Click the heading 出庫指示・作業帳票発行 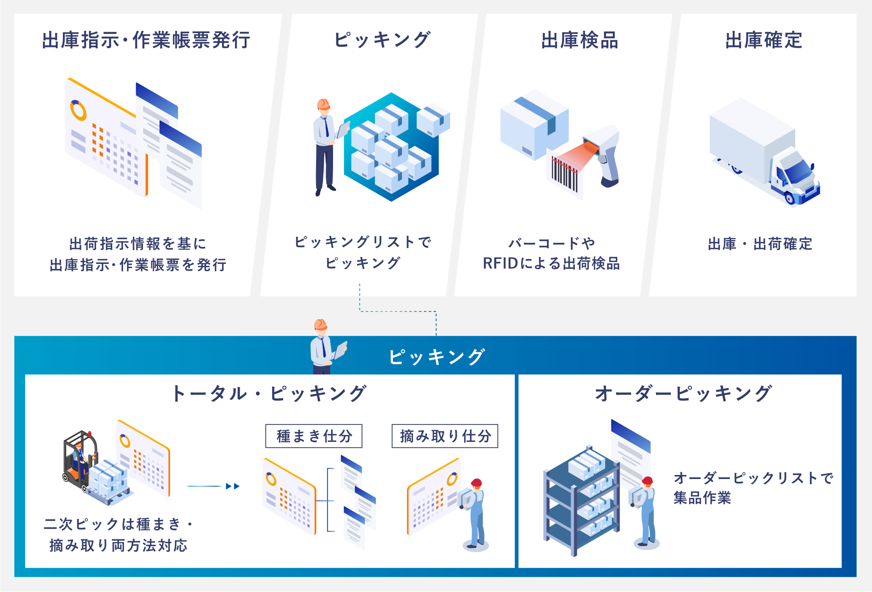[x=146, y=40]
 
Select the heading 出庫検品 [x=580, y=40]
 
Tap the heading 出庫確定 [x=764, y=40]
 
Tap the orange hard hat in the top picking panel [x=323, y=105]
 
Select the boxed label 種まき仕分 [x=314, y=436]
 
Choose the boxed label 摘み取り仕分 [x=445, y=436]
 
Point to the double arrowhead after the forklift [x=233, y=486]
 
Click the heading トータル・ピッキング [x=269, y=393]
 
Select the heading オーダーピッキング [x=683, y=393]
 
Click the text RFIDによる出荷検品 [x=551, y=264]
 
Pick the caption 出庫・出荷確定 [x=760, y=244]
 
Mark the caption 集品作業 [x=702, y=498]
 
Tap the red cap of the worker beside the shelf [x=648, y=480]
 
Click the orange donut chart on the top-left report [x=78, y=110]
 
